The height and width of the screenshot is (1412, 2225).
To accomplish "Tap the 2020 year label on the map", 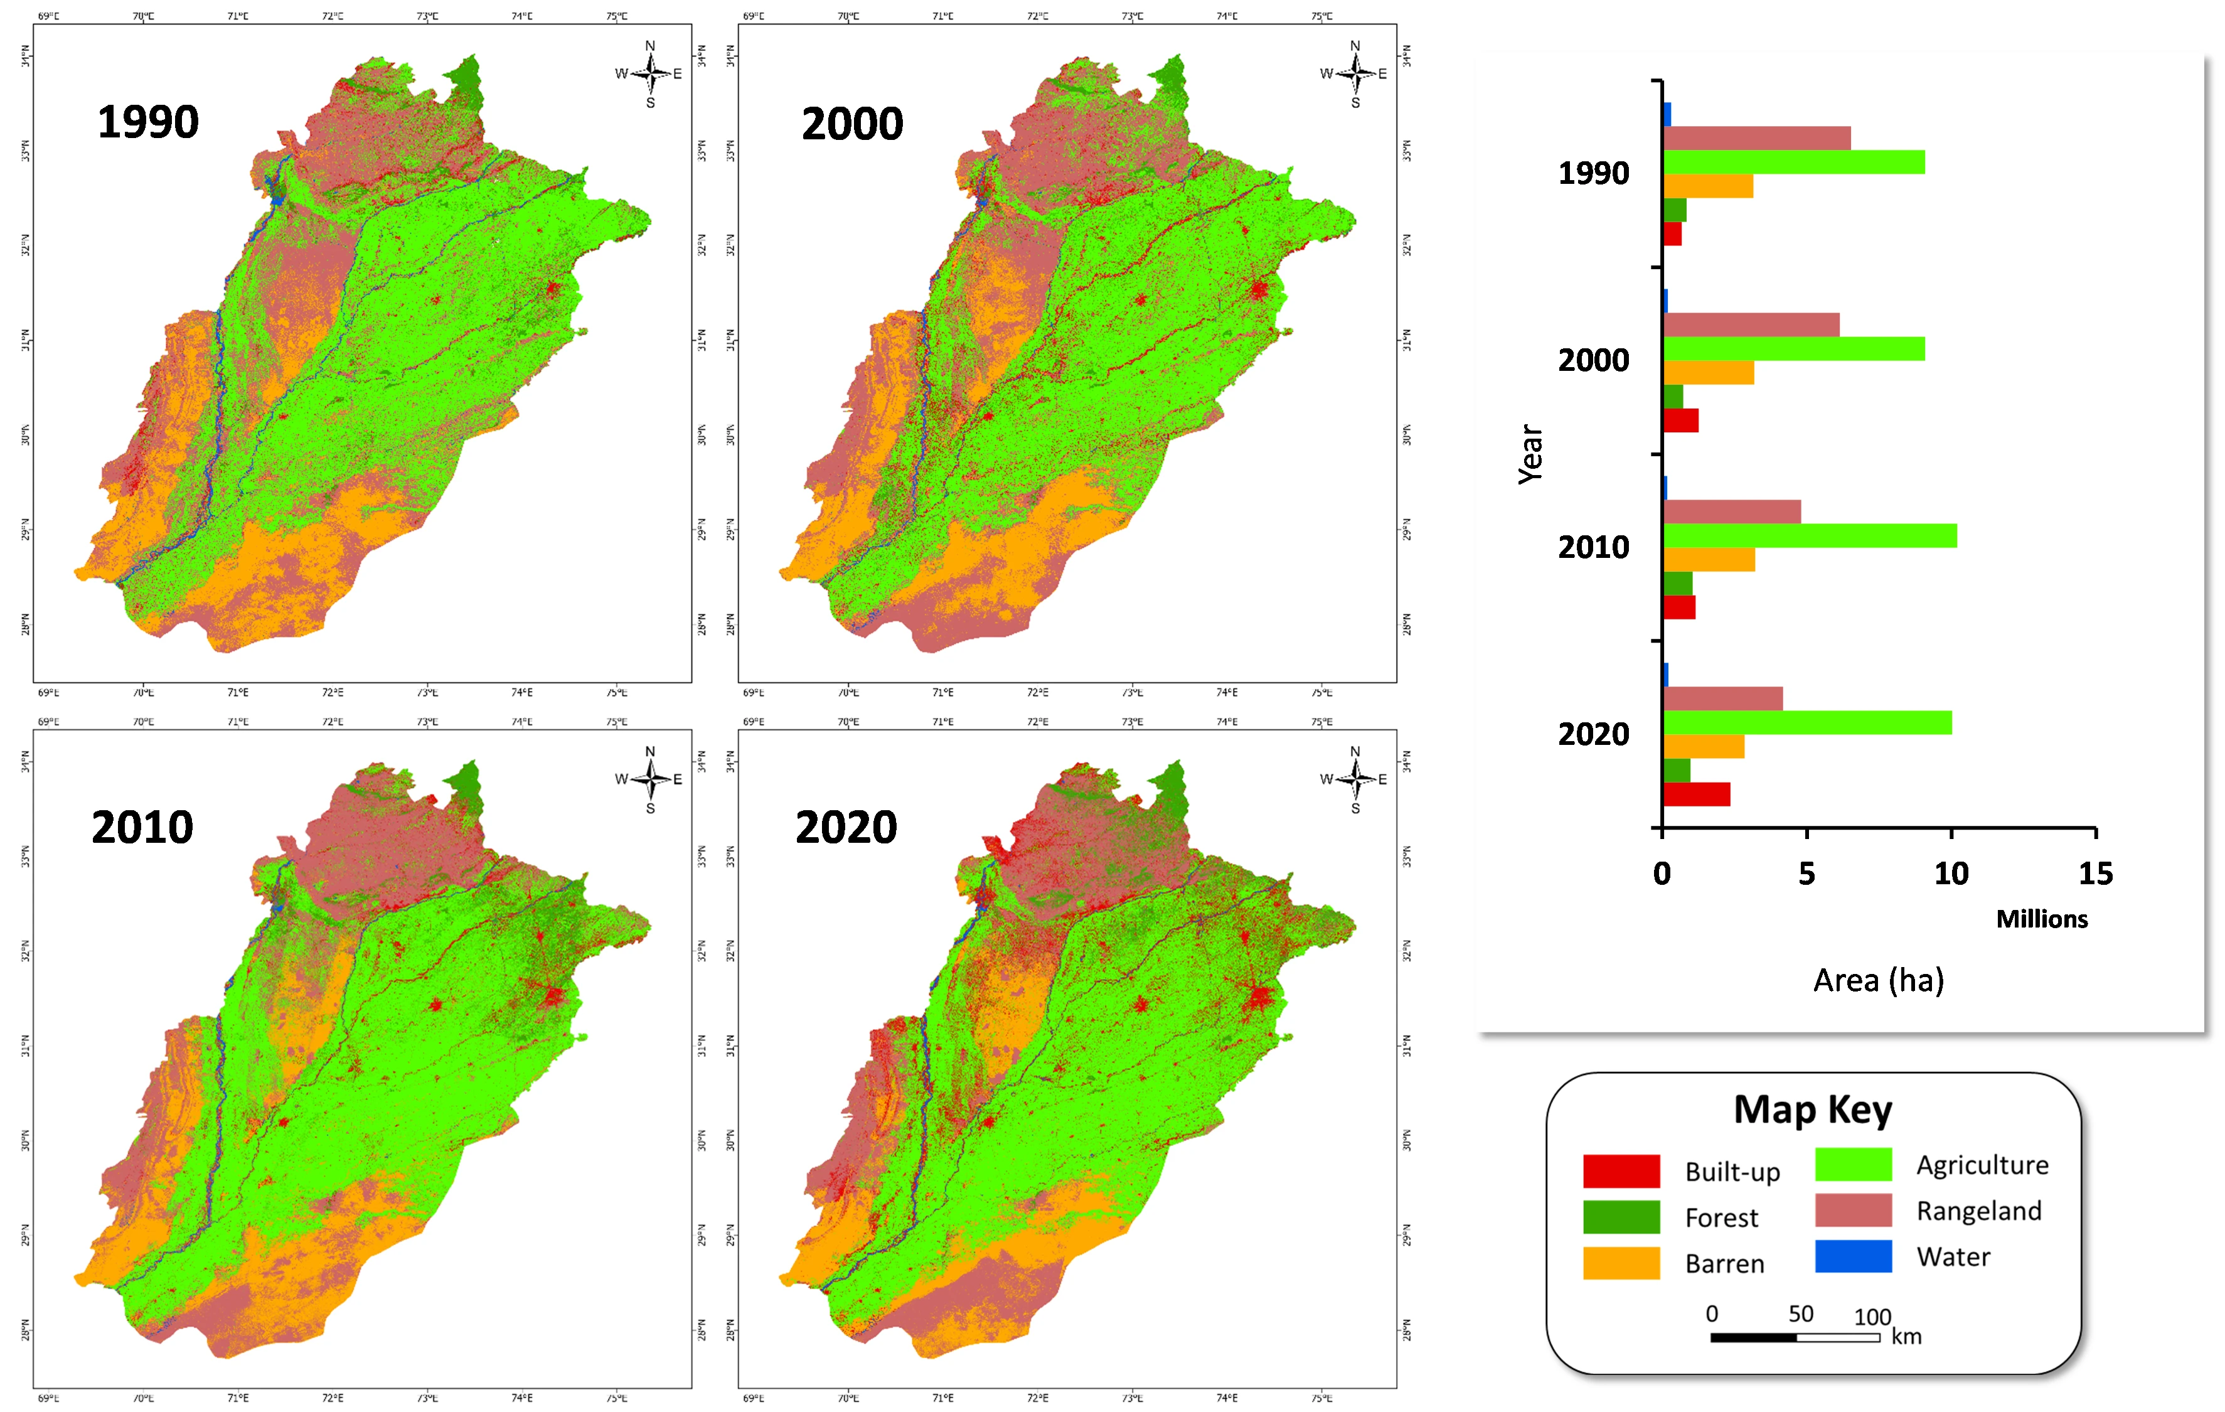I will tap(846, 827).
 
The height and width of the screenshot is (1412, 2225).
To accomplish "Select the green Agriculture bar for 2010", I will tap(1809, 536).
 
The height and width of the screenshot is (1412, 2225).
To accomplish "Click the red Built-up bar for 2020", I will tap(1697, 794).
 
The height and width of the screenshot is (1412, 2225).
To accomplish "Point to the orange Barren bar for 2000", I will tap(1709, 372).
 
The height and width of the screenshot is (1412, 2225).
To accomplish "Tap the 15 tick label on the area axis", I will tap(2096, 874).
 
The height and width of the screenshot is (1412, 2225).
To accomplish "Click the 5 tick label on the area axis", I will tap(1806, 874).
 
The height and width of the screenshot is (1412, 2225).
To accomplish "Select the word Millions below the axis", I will tap(2042, 919).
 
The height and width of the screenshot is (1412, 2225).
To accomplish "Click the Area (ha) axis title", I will tap(1879, 980).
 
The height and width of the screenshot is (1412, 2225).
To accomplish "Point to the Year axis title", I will tap(1531, 454).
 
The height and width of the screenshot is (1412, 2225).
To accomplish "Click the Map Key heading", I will tap(1813, 1109).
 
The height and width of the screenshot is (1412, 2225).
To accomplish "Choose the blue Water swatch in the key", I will tap(1853, 1256).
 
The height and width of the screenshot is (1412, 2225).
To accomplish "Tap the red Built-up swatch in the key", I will tap(1621, 1171).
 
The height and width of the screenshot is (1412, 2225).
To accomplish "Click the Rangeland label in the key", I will tap(1978, 1211).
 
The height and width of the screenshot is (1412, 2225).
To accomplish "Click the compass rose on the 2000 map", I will tap(1355, 73).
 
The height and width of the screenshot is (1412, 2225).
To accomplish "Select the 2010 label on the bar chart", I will tap(1594, 547).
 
